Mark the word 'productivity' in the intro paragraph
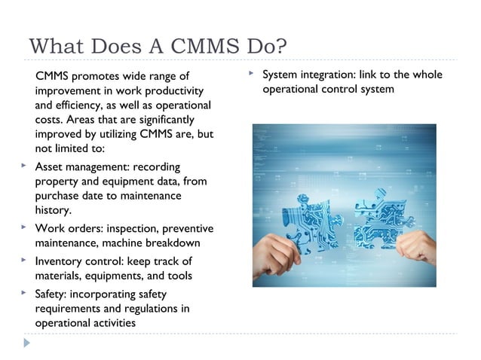point(174,90)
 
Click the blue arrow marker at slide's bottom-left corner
point(27,343)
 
